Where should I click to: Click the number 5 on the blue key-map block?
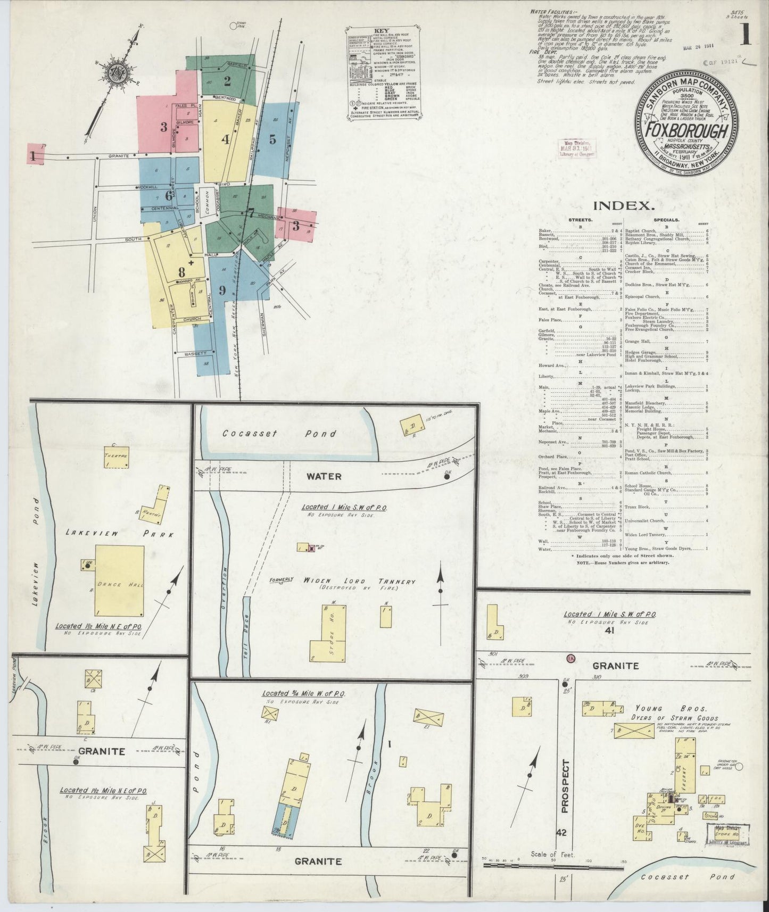coord(272,139)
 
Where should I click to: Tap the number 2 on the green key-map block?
coord(227,81)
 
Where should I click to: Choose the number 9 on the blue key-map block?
coord(222,291)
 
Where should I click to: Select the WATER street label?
coord(324,476)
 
